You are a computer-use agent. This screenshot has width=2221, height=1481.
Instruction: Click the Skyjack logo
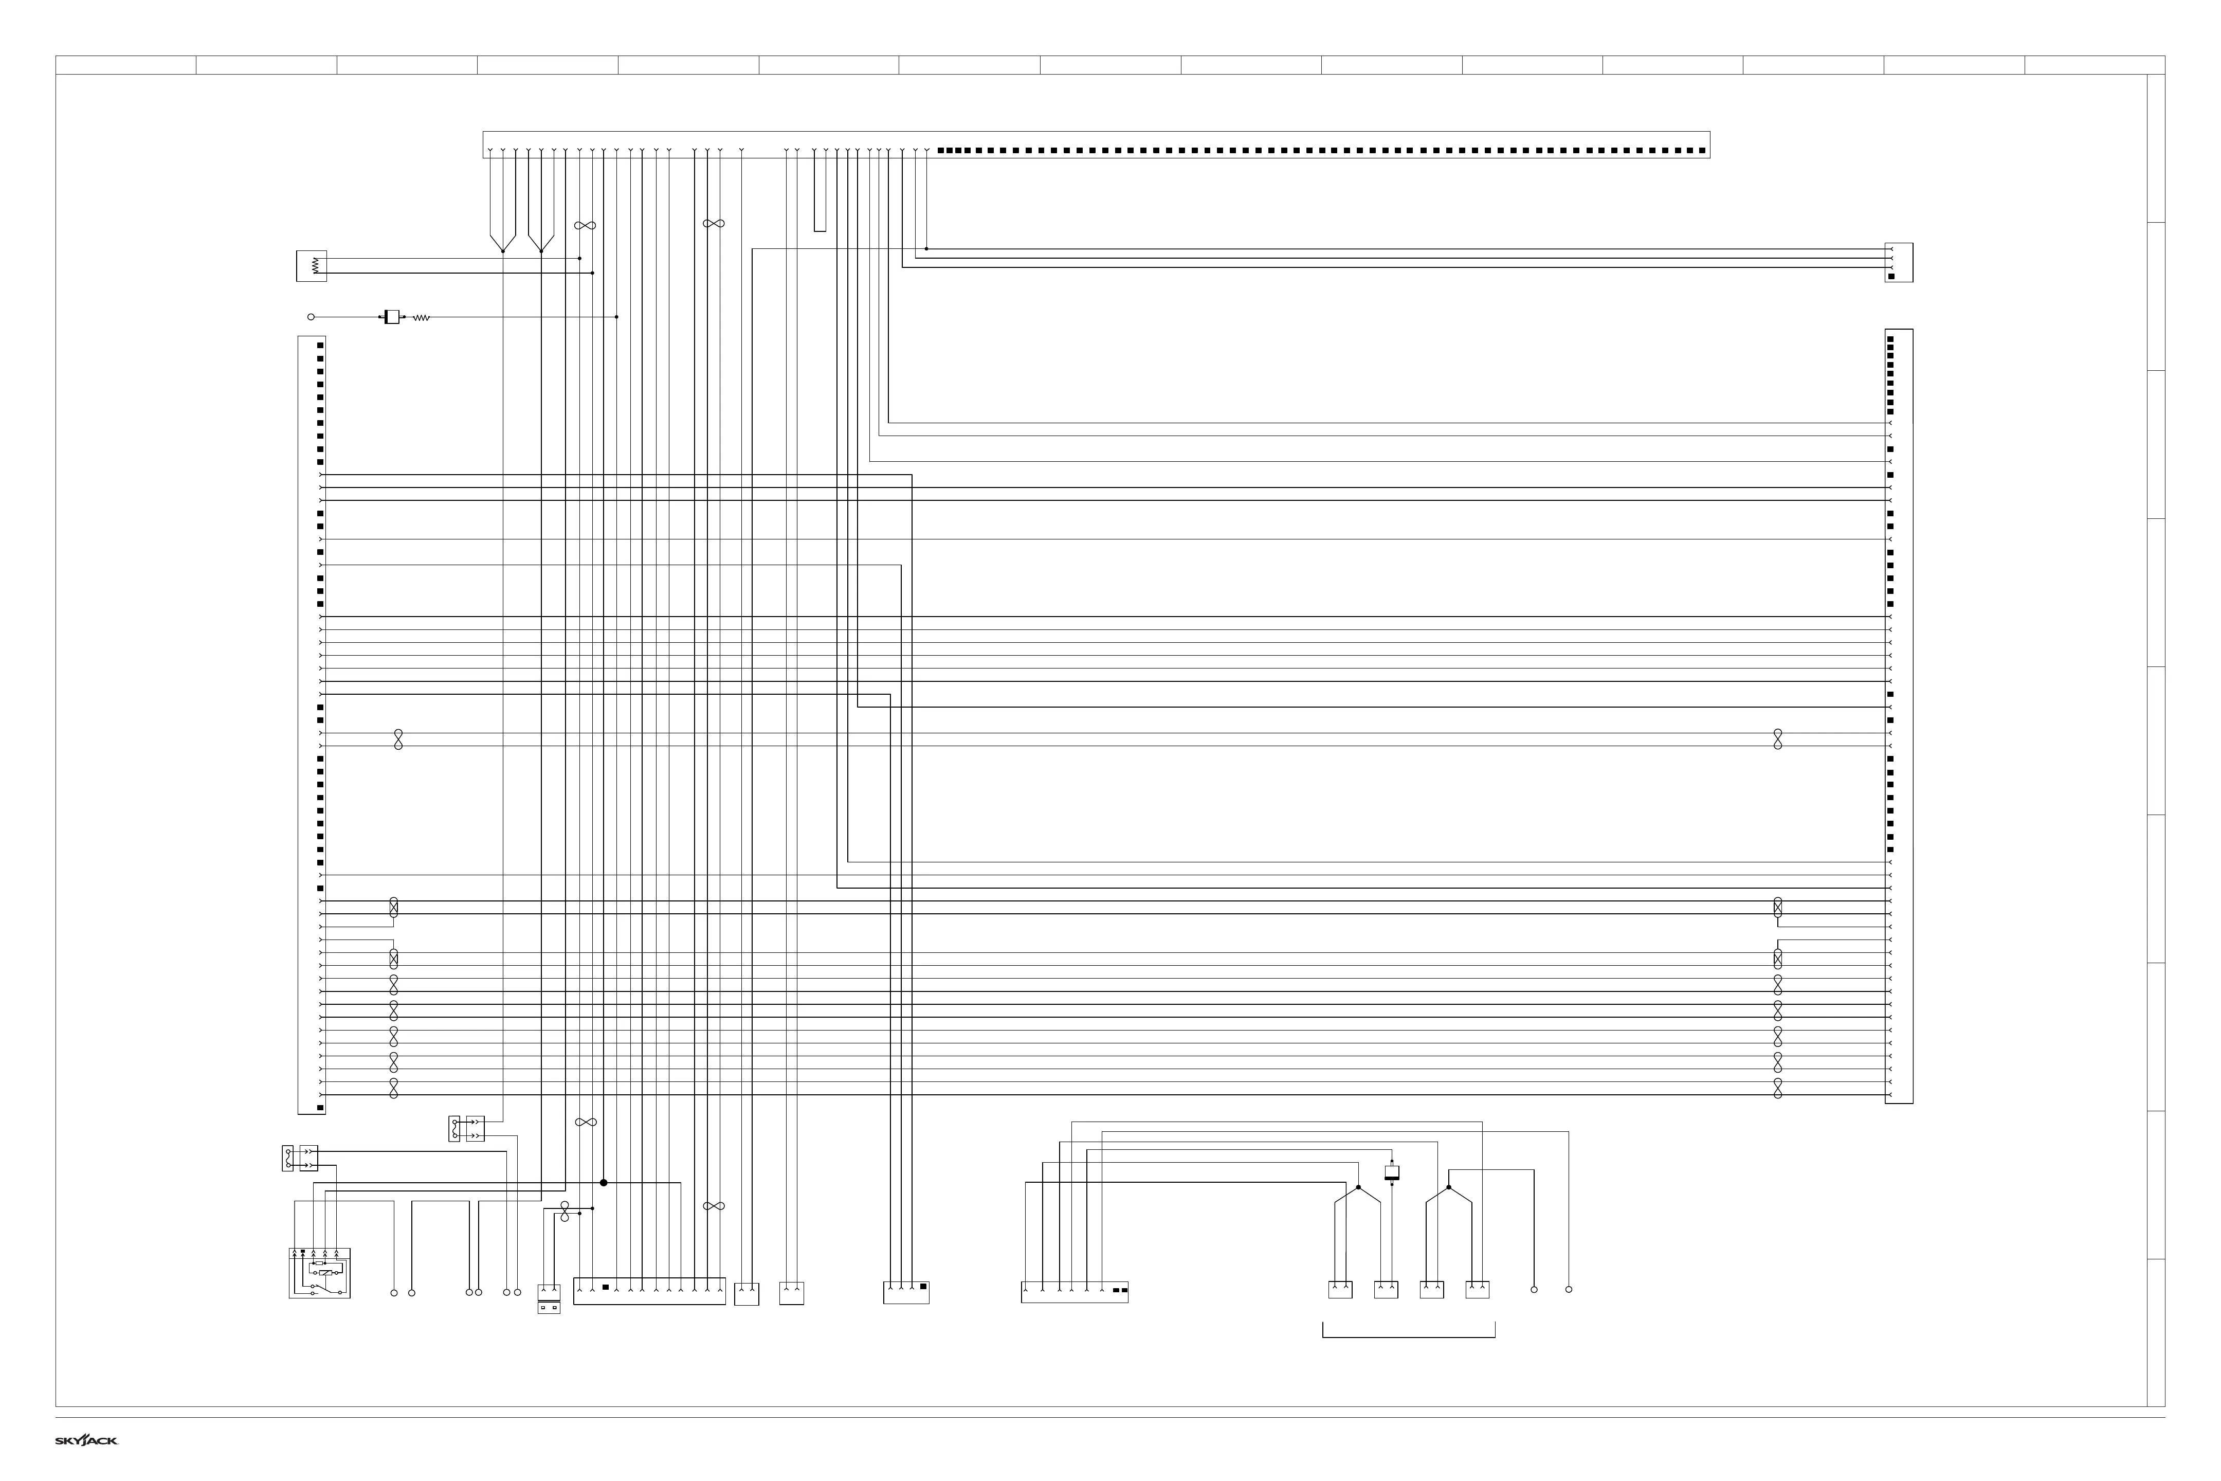click(86, 1440)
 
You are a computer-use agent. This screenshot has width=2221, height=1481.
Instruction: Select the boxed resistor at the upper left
click(312, 266)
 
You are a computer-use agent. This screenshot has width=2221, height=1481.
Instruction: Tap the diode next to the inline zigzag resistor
click(391, 317)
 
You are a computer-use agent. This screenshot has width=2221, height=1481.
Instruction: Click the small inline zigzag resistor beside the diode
click(421, 318)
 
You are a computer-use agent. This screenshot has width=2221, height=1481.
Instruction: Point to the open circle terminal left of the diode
click(311, 317)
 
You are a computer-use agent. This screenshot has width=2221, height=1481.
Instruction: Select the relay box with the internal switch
click(319, 1273)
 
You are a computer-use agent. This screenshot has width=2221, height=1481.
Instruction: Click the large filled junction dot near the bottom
click(604, 1183)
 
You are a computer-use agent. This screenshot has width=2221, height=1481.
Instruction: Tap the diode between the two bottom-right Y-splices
click(1391, 1172)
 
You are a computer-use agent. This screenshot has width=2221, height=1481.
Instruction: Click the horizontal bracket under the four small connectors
click(1408, 1336)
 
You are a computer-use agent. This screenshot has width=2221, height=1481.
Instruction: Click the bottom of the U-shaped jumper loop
click(820, 229)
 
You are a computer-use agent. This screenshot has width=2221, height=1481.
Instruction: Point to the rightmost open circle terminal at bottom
click(1569, 1289)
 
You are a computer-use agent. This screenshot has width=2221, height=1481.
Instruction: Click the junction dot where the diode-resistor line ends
click(616, 317)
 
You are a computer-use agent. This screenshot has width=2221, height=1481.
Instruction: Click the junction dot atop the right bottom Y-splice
click(1449, 1187)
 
